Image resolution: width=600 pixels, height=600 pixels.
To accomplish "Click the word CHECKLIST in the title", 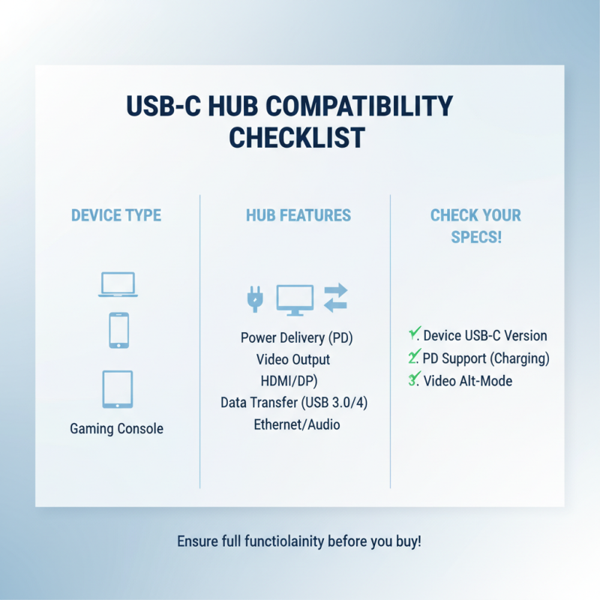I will pyautogui.click(x=297, y=137).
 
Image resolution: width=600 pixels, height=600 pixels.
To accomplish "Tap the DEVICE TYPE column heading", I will pyautogui.click(x=116, y=216).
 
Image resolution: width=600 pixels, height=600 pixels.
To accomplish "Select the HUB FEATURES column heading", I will pyautogui.click(x=298, y=216).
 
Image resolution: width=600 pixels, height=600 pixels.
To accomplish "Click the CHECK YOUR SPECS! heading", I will pyautogui.click(x=475, y=226).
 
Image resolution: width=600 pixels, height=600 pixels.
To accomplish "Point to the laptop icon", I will pyautogui.click(x=118, y=285).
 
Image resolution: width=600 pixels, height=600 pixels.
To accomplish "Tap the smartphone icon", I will pyautogui.click(x=118, y=330).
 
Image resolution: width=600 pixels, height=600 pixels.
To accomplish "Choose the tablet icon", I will pyautogui.click(x=117, y=389).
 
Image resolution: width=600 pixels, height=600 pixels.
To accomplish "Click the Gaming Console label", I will pyautogui.click(x=116, y=429).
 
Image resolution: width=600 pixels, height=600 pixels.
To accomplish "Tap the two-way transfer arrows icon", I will pyautogui.click(x=335, y=298).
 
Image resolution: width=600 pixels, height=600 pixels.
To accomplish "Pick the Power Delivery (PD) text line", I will pyautogui.click(x=296, y=337).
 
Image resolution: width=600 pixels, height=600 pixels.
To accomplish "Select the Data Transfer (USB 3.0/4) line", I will pyautogui.click(x=294, y=403).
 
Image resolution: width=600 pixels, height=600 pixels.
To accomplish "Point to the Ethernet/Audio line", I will pyautogui.click(x=297, y=424).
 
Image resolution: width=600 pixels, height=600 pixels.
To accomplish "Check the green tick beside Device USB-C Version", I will pyautogui.click(x=414, y=333).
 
